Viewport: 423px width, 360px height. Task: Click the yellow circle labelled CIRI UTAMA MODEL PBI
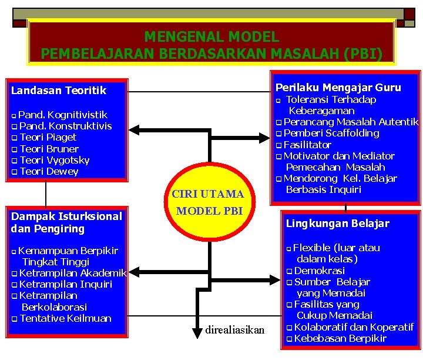(207, 202)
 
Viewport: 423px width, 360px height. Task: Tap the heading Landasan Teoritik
(59, 91)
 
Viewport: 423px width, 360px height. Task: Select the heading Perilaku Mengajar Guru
(338, 88)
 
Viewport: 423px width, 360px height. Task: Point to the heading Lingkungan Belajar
(337, 224)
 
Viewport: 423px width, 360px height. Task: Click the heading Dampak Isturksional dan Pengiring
(66, 222)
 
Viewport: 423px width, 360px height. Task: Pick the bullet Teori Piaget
(48, 138)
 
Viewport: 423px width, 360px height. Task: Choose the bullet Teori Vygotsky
(54, 160)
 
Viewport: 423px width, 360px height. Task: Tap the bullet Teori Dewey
(49, 172)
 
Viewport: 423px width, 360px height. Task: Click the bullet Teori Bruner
(49, 149)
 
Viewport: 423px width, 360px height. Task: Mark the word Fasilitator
(307, 145)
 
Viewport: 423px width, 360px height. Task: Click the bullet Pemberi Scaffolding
(331, 133)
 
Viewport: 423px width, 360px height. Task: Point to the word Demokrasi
(319, 271)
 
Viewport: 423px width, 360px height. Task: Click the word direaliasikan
(235, 330)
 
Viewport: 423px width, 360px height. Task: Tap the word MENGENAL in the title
(176, 37)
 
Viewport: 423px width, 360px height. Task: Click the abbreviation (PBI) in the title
(363, 55)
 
